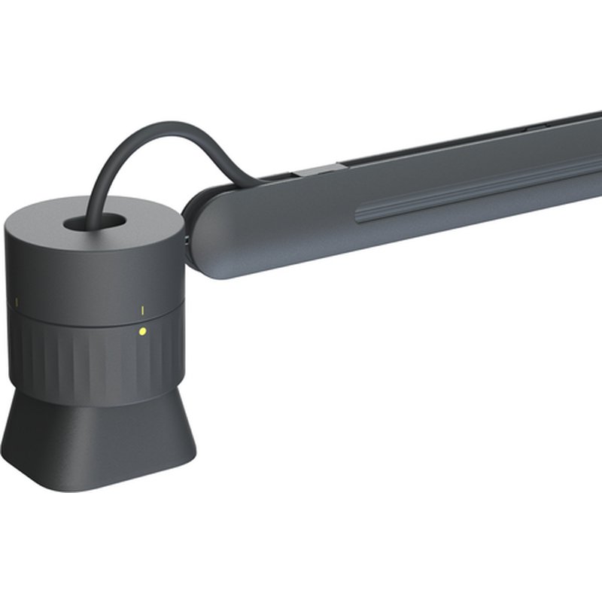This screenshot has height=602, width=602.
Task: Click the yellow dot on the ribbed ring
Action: tap(143, 330)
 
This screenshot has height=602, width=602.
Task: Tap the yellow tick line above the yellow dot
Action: tap(143, 310)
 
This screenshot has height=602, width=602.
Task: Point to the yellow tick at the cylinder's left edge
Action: tap(17, 303)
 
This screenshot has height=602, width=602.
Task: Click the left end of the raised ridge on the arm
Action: tap(360, 219)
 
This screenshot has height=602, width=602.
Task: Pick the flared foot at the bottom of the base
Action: tap(98, 444)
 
